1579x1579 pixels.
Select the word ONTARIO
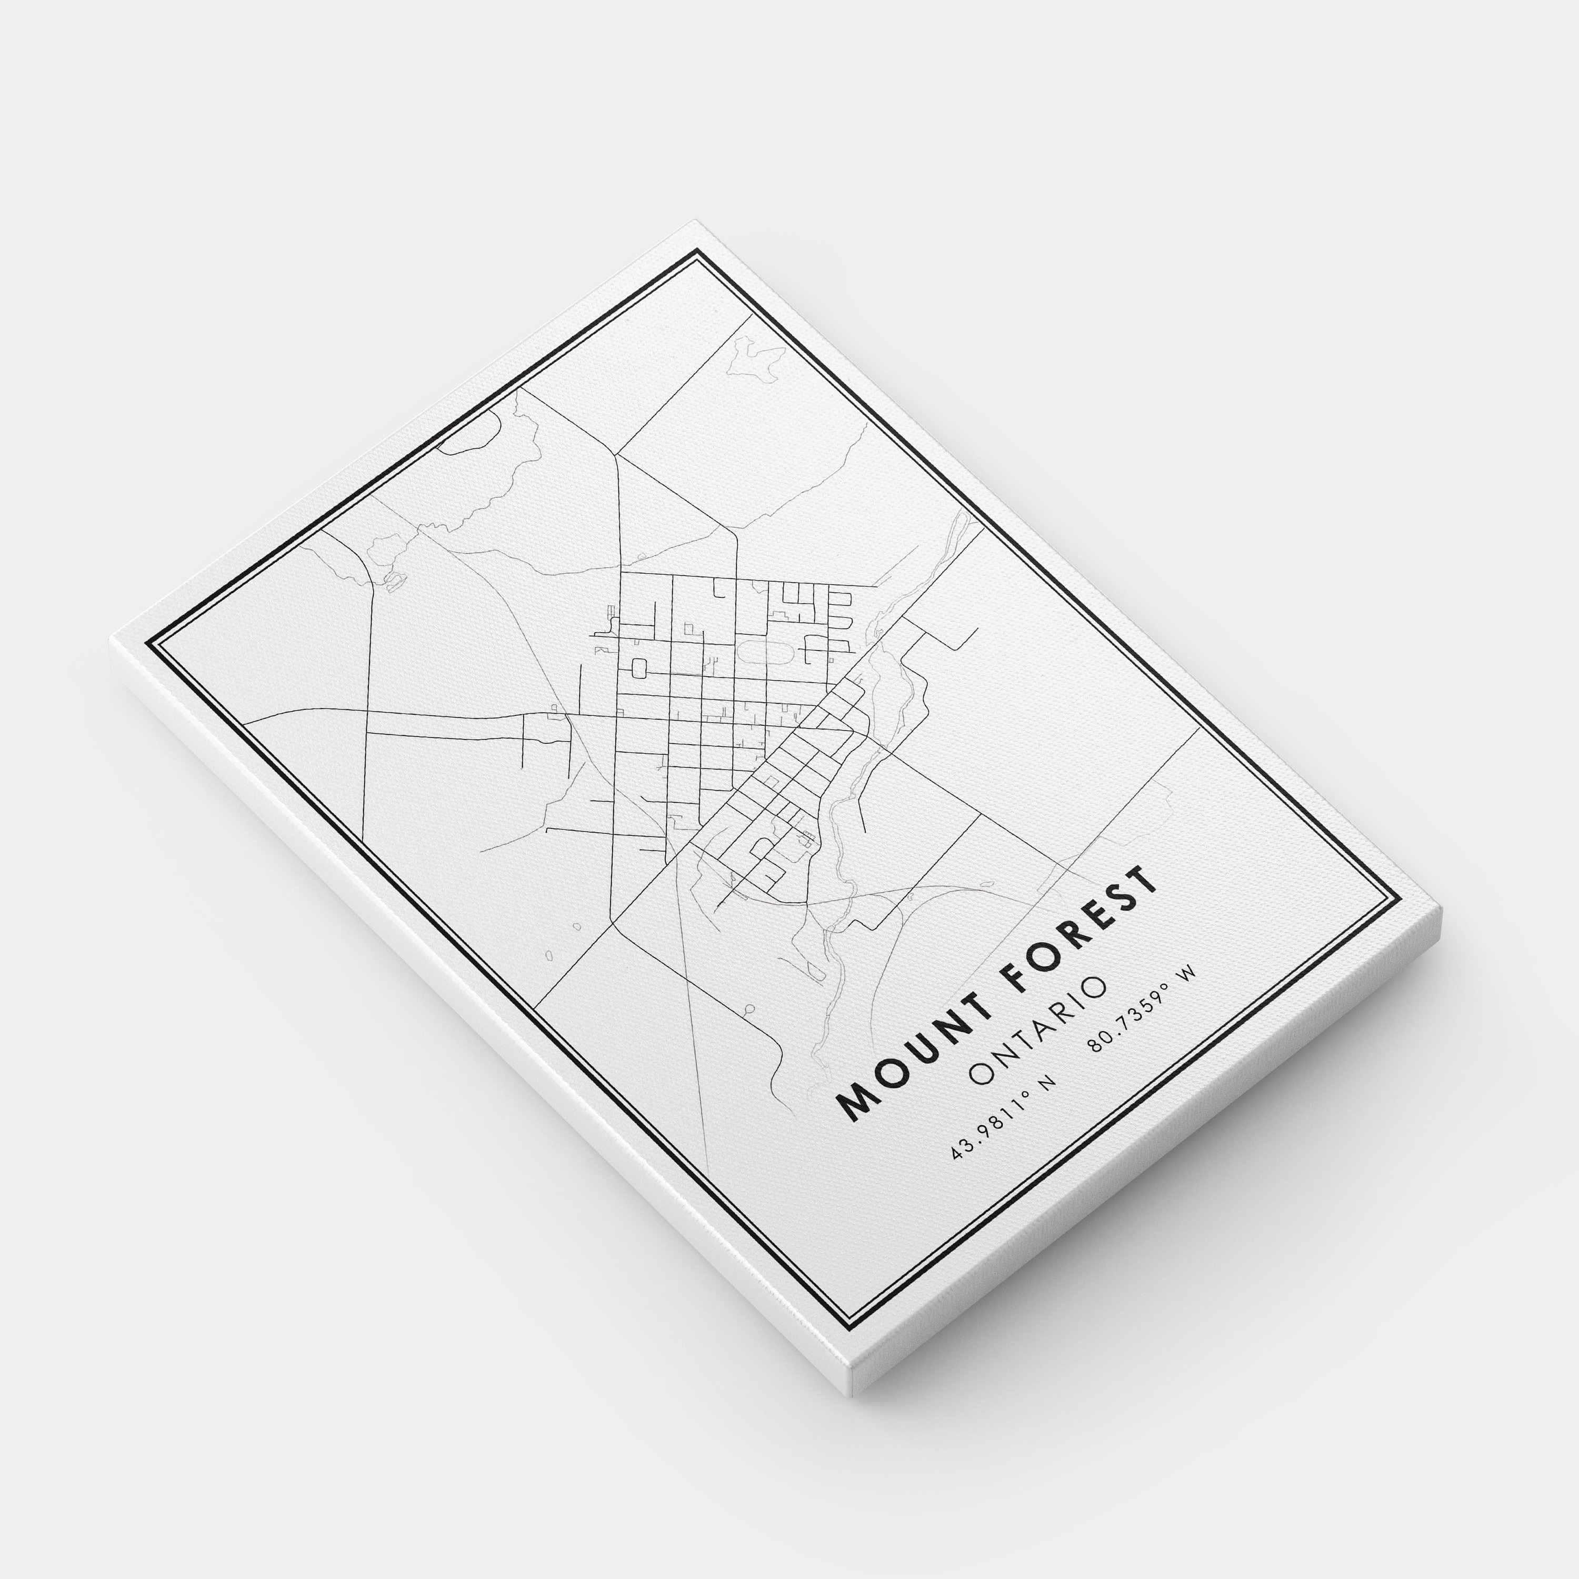1038,1031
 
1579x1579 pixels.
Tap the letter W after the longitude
1188,974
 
